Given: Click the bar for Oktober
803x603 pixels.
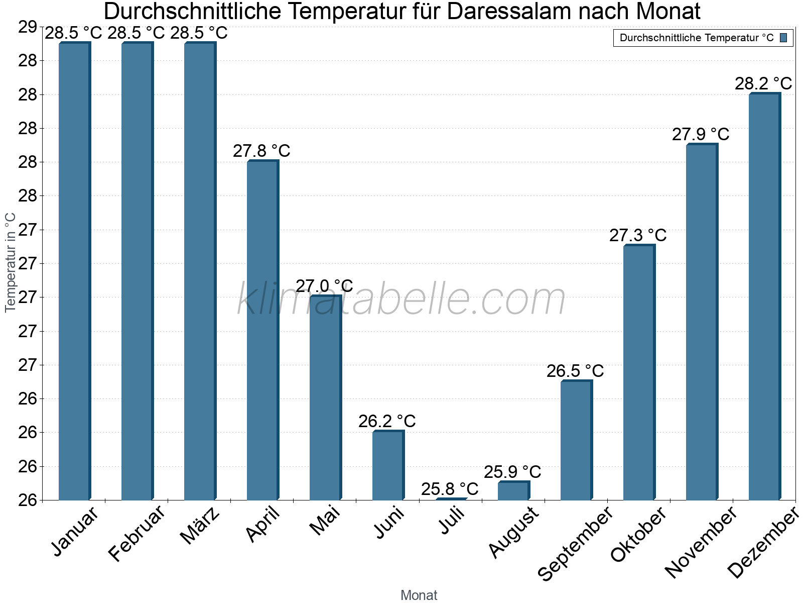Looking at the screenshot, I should coord(639,372).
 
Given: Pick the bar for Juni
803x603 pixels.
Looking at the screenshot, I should coord(388,465).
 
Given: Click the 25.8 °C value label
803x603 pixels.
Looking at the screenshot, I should coord(450,489).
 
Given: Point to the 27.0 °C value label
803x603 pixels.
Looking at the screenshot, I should coord(324,286).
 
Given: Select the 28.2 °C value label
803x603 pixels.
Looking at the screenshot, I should coord(763,83).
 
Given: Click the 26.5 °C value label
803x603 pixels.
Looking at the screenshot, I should coord(575,371).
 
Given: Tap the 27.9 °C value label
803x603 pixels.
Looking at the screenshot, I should coord(701,134).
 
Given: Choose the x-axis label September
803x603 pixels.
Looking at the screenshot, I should coord(575,543).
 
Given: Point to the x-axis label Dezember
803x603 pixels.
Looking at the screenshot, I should coord(763,542).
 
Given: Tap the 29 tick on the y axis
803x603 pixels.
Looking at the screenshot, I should coord(28,27).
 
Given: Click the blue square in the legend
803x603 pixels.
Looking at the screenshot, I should coord(783,38).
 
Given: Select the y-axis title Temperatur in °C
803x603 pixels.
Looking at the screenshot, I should coord(10,262).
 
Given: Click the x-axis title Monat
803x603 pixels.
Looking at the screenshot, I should coord(419,595).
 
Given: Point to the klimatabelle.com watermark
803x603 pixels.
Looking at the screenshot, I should coord(401,299).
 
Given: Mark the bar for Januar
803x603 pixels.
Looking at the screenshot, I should coord(74,271).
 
